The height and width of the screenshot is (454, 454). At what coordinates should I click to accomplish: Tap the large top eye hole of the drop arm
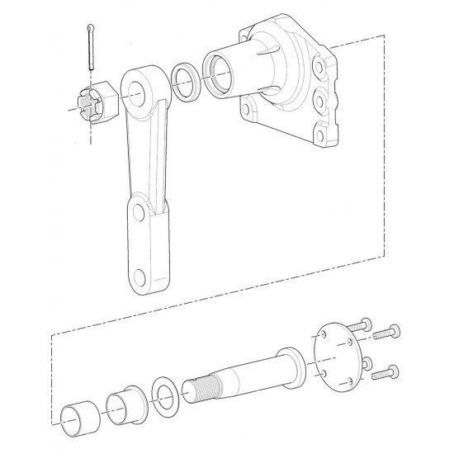140,87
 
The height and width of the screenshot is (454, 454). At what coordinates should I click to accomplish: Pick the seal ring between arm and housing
187,82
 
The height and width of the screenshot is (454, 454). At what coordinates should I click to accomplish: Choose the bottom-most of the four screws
385,373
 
